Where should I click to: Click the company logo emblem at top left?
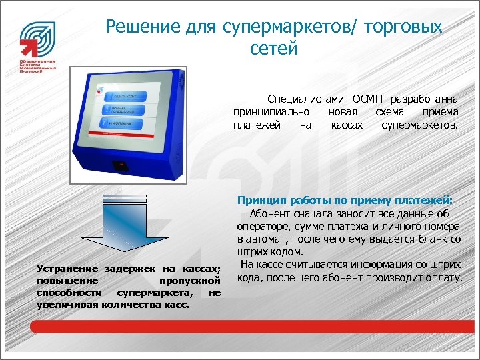click(x=37, y=39)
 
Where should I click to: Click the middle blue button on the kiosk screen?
click(x=122, y=110)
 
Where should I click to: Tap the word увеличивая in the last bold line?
click(x=66, y=304)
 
